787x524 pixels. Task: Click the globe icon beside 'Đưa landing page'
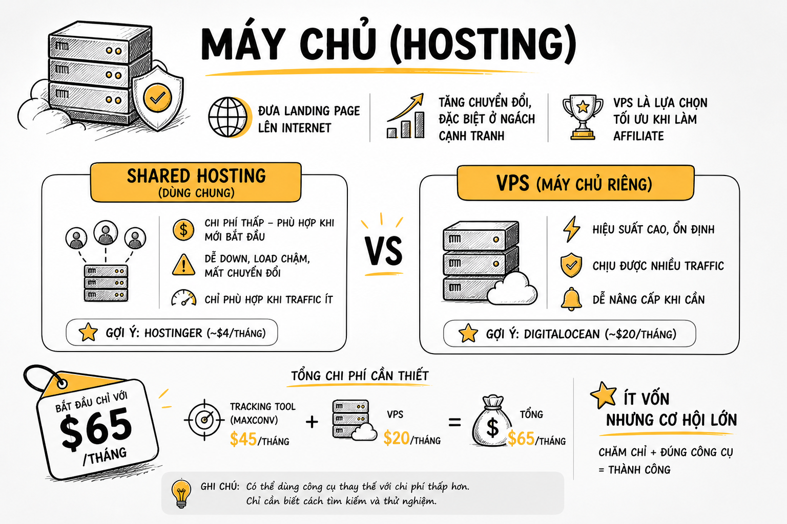(229, 117)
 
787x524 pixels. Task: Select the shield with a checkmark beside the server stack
(158, 97)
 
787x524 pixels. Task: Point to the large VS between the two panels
(383, 251)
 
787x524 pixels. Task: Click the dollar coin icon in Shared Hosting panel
(183, 230)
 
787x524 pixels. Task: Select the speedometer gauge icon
(183, 298)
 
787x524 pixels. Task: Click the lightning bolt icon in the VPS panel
(571, 229)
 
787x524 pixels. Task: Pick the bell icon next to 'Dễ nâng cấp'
(571, 299)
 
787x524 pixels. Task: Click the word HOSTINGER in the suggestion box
(173, 333)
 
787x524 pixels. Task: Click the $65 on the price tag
(96, 428)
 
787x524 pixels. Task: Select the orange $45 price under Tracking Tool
(243, 439)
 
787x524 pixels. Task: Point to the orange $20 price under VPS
(396, 438)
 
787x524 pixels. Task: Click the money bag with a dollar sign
(492, 421)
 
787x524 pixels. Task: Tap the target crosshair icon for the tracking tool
(204, 420)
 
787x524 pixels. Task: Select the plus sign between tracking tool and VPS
(312, 422)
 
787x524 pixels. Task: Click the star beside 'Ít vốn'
(604, 395)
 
